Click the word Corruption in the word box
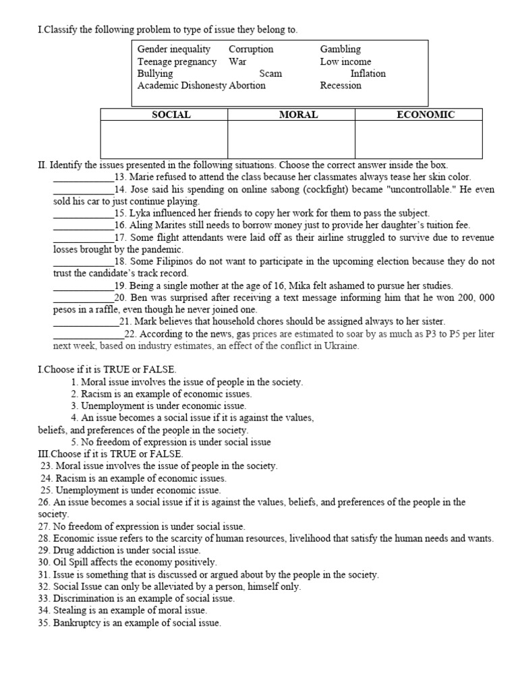(x=251, y=49)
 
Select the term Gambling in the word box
(x=340, y=49)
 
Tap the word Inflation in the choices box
(x=368, y=74)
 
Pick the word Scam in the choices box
(x=270, y=74)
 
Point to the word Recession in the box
(x=341, y=86)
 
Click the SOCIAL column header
(x=171, y=115)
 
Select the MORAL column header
(x=298, y=115)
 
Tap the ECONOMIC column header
(x=426, y=115)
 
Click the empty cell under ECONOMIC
(x=418, y=140)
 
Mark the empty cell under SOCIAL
(x=164, y=140)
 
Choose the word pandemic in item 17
(x=162, y=250)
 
